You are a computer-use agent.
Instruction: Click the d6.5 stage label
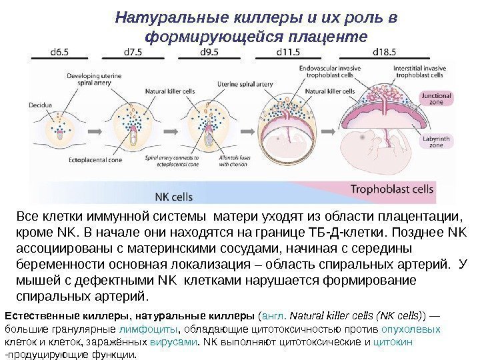(46, 51)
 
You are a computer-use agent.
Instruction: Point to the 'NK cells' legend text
(174, 197)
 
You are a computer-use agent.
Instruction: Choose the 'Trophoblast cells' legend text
(392, 189)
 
